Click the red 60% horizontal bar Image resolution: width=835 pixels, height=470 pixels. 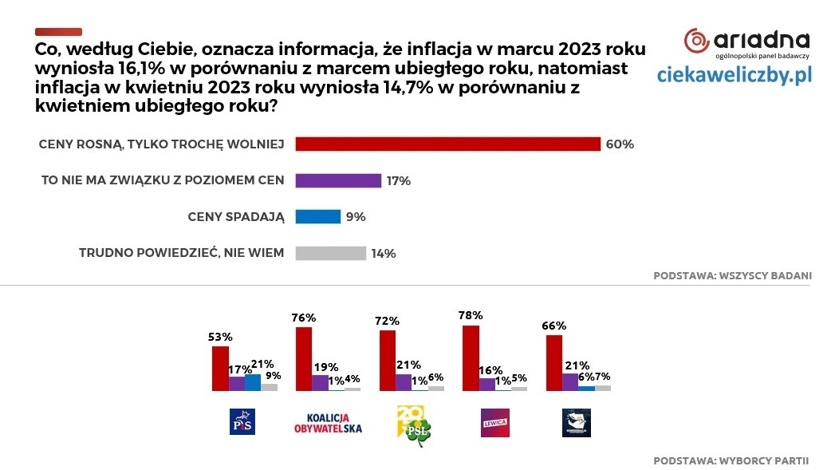coord(447,144)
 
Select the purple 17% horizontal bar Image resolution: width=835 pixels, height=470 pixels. coord(338,180)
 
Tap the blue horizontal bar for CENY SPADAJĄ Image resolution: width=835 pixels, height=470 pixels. coord(318,216)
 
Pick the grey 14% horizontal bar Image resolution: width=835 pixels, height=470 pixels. coord(330,253)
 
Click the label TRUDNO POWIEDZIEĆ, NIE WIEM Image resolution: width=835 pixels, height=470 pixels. coord(181,253)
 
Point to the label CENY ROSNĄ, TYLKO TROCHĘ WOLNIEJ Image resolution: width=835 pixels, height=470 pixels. coord(161,144)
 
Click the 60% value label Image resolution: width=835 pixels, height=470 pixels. coord(620,144)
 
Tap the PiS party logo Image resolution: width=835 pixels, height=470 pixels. coord(241,421)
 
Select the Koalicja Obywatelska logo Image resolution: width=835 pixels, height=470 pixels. coord(329,422)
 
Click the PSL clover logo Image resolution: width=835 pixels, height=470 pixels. coord(413,421)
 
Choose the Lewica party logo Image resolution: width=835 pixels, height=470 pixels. coord(495,421)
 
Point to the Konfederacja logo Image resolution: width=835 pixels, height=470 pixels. coord(577,421)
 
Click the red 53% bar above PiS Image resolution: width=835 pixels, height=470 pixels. coord(220,368)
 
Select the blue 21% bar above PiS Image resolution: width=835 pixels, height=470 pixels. coord(253,382)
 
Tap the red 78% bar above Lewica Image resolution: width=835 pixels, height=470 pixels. coord(471,358)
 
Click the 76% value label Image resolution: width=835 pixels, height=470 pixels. coord(304,318)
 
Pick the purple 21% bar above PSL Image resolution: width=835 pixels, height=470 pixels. coord(404,382)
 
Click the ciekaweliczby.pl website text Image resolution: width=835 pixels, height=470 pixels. coord(734,75)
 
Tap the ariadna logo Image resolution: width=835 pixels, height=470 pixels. coord(747,42)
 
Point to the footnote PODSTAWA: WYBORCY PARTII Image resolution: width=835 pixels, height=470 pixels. coord(731,460)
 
